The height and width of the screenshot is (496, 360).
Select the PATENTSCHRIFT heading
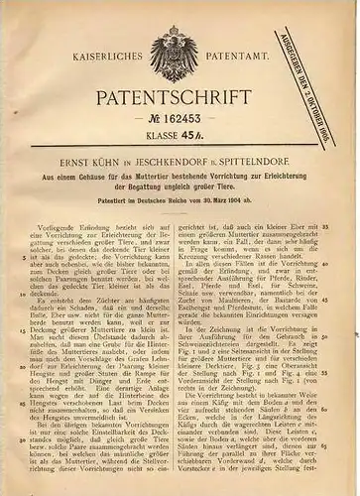pos(179,103)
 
